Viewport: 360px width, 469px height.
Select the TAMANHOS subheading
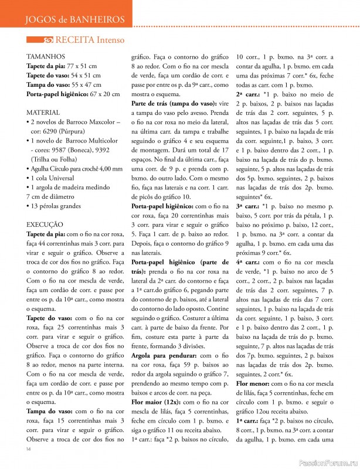[46, 57]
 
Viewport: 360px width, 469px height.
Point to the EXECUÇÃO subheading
[45, 224]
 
